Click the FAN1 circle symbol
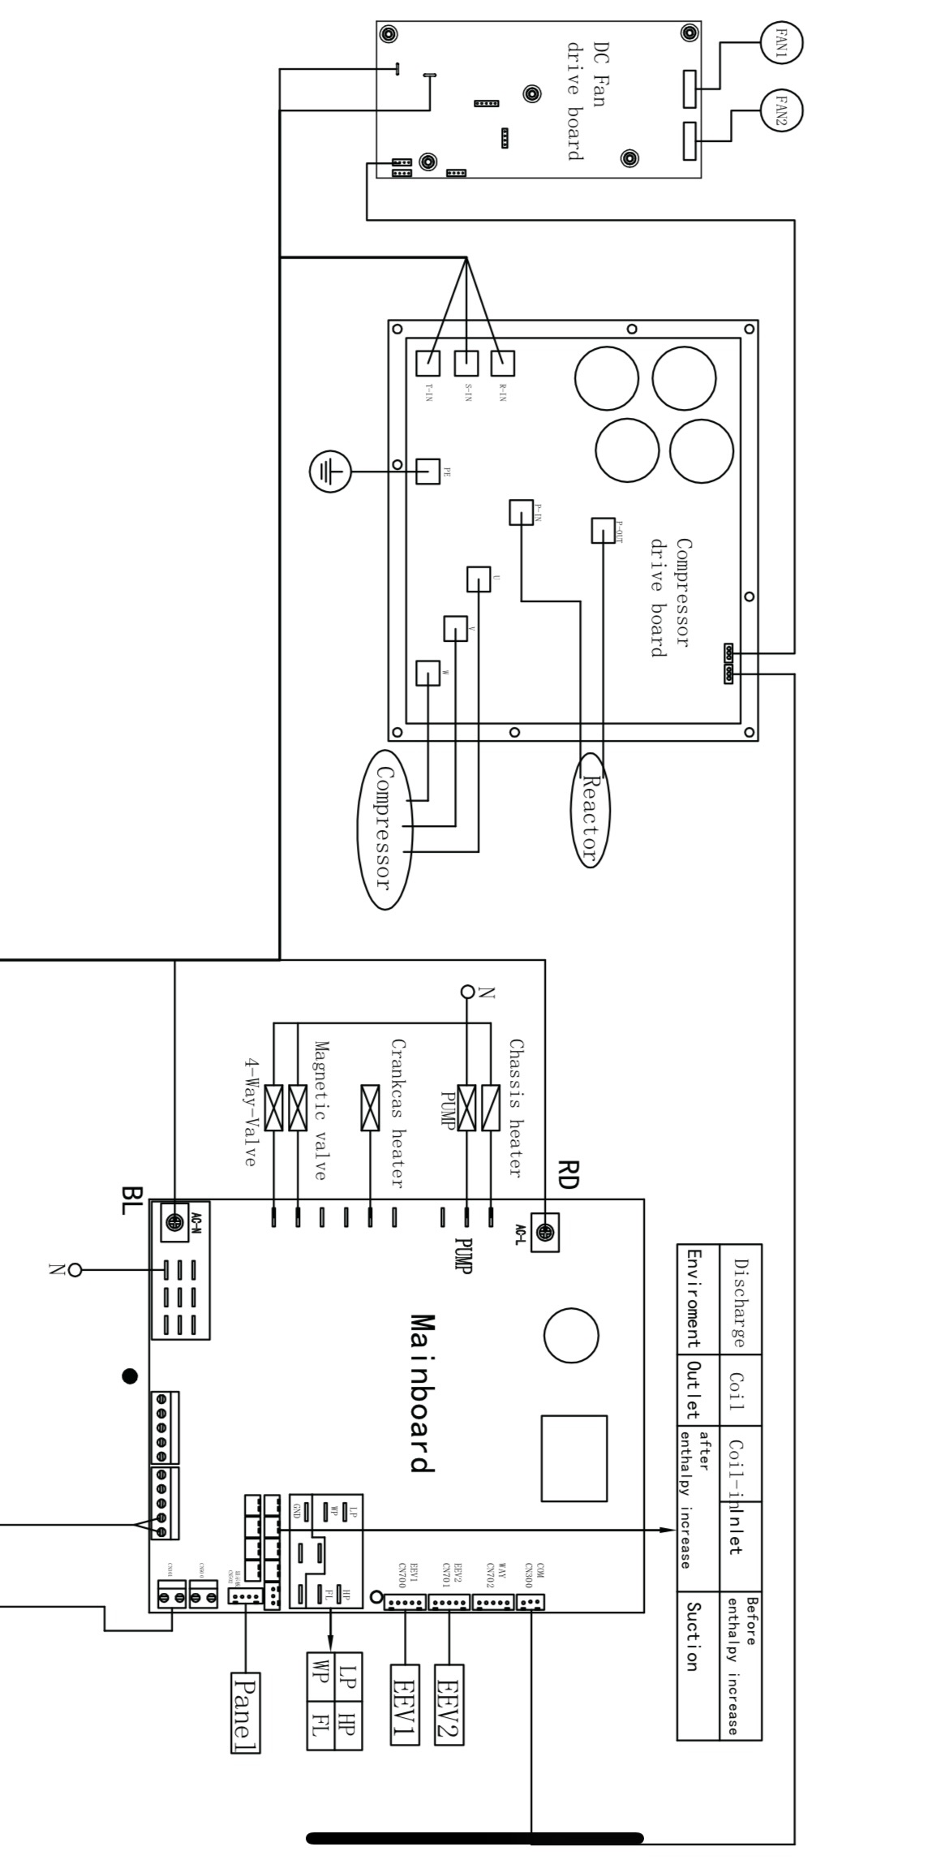[782, 42]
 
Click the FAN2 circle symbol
[782, 110]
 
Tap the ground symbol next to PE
[329, 471]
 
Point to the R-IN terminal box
[502, 363]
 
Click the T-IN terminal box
[427, 363]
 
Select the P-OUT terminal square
[603, 531]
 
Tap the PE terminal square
[427, 471]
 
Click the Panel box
[245, 1712]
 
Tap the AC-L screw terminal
[545, 1233]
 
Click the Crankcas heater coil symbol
[370, 1108]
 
